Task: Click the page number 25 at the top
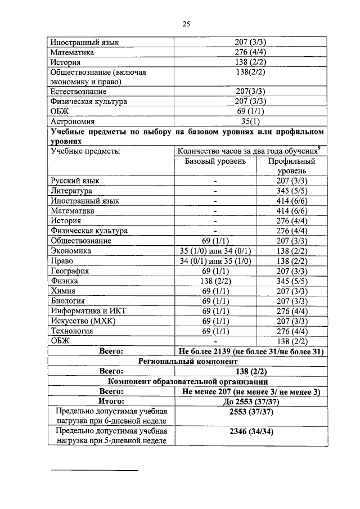point(187,23)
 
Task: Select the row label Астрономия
point(73,121)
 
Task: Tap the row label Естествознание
point(78,91)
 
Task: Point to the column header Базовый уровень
point(215,161)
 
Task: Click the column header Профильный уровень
point(291,166)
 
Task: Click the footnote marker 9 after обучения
point(319,148)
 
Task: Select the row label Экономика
point(70,251)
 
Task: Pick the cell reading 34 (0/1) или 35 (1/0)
point(215,261)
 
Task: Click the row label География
point(70,271)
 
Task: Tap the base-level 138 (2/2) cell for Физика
point(215,281)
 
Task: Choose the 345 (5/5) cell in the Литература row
point(291,191)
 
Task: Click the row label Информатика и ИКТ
point(85,311)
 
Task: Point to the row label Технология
point(71,331)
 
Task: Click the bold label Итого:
point(111,402)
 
